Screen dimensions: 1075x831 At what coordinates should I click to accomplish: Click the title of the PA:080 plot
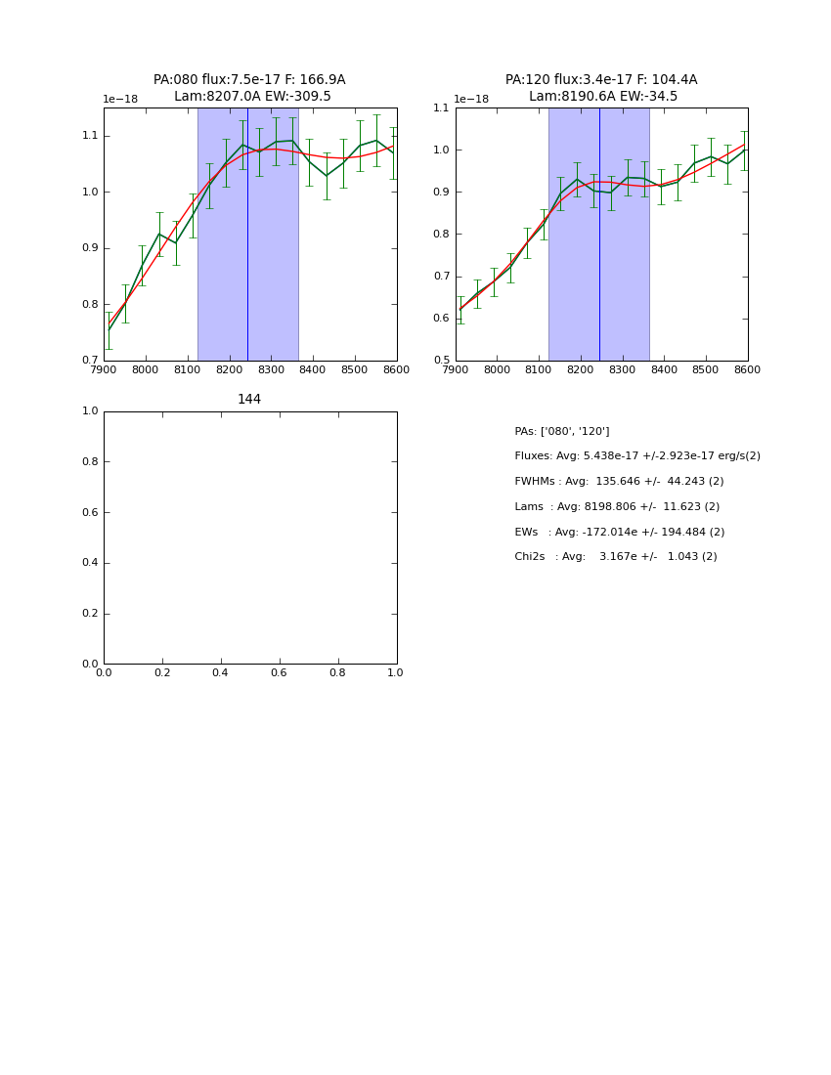[249, 88]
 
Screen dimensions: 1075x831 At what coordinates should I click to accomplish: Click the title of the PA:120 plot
[601, 88]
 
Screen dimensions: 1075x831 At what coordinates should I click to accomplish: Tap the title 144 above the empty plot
[249, 400]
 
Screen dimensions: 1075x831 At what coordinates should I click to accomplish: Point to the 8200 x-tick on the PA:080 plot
[229, 370]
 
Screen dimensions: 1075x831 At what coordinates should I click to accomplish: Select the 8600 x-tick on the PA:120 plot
[747, 370]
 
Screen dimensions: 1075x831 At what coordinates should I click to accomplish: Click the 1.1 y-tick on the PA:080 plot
[89, 136]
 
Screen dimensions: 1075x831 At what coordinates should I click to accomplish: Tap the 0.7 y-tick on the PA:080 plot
[89, 361]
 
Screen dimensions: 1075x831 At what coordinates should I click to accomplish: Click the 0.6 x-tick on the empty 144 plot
[279, 673]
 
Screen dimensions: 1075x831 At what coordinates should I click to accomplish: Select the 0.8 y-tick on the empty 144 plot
[89, 462]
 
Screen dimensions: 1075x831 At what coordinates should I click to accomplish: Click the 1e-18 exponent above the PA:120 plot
[470, 100]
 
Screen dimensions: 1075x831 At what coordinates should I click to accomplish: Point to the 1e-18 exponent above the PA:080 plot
[120, 100]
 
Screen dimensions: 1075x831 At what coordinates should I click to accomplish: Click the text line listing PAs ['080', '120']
[561, 432]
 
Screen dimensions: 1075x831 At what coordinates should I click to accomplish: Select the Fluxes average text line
[636, 456]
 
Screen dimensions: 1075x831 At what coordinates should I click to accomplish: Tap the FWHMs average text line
[619, 482]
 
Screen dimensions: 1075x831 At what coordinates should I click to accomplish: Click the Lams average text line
[616, 507]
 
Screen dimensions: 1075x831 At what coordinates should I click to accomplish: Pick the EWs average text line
[619, 533]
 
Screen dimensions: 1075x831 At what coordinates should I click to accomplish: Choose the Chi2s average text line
[615, 557]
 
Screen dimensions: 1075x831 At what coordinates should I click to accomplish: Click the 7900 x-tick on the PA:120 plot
[456, 370]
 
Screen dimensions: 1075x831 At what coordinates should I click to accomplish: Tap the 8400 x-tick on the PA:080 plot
[313, 370]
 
